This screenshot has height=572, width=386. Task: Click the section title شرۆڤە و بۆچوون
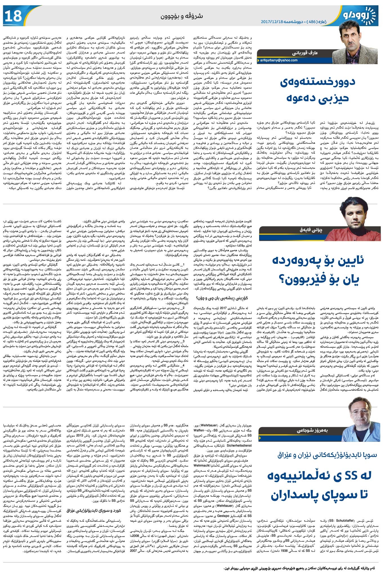182,17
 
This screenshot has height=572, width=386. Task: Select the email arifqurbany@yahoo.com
279,60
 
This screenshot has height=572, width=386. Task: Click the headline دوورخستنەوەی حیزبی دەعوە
318,90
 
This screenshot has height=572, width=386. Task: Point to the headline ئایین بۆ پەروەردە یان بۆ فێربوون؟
318,269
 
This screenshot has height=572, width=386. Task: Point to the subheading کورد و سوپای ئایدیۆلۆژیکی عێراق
94,510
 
